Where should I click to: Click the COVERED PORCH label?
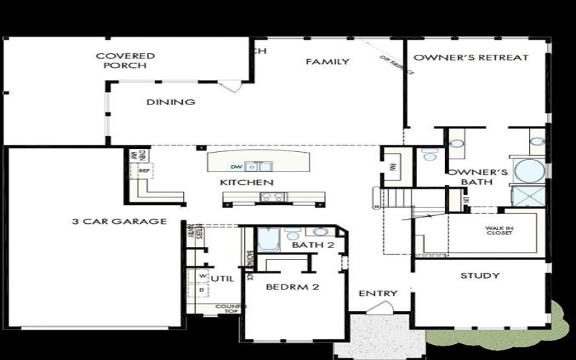click(125, 60)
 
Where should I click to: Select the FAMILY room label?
click(328, 62)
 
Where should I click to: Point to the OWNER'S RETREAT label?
click(471, 58)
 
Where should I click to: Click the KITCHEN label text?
click(246, 183)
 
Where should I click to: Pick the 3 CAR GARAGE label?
click(119, 221)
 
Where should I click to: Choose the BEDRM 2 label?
click(292, 287)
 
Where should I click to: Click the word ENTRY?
click(377, 293)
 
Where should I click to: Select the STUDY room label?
click(480, 276)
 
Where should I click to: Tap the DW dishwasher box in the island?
click(235, 167)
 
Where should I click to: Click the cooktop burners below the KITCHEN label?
click(273, 197)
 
